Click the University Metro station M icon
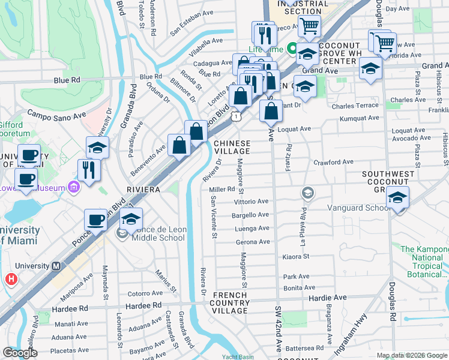[56, 266]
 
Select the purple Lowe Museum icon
[73, 188]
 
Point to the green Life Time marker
[293, 48]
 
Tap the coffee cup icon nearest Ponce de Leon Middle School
[95, 221]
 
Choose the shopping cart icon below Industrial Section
[309, 27]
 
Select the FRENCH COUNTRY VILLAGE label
[230, 302]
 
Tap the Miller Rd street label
[221, 189]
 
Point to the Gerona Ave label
[253, 242]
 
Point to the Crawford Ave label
[333, 162]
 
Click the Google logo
[20, 353]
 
